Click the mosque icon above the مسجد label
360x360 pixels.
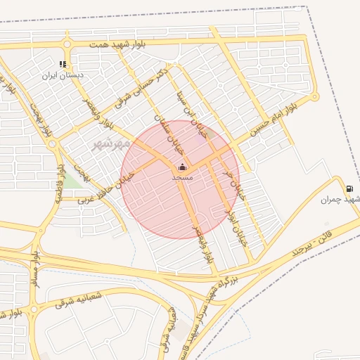pos(182,167)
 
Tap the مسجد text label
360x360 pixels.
pos(182,178)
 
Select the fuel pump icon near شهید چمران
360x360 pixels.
pos(349,188)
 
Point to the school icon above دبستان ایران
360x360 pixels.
pos(63,64)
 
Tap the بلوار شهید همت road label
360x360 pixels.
pos(118,44)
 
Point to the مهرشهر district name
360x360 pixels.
pos(112,143)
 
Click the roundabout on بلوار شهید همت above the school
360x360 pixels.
pos(67,44)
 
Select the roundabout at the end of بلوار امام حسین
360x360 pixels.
pos(315,97)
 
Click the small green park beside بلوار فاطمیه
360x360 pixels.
pos(72,181)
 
